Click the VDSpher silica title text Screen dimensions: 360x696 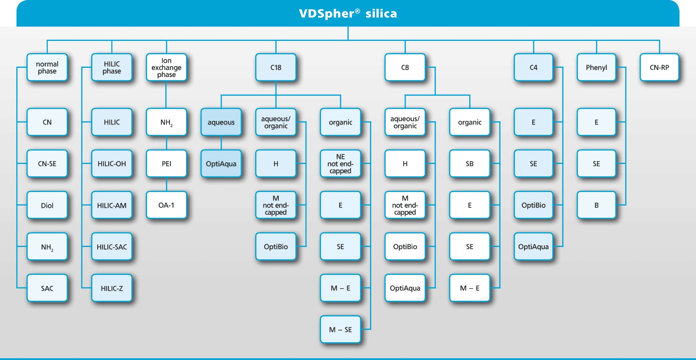(348, 14)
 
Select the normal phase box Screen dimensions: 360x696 (47, 67)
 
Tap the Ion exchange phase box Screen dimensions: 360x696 (166, 67)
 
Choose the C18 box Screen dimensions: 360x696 (276, 67)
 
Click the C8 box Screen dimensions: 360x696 (405, 67)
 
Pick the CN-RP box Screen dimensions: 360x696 (659, 67)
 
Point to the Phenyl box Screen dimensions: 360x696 (596, 67)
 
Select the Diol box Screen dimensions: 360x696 (47, 205)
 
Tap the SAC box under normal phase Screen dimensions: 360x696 (47, 288)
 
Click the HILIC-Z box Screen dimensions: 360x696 (112, 288)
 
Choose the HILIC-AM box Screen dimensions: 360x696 (112, 205)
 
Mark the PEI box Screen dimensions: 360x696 (166, 164)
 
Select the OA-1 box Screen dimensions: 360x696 (166, 205)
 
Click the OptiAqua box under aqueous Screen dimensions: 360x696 (221, 164)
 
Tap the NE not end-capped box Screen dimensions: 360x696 (340, 164)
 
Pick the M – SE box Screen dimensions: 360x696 (340, 329)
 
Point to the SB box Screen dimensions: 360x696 (470, 164)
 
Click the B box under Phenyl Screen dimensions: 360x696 (596, 205)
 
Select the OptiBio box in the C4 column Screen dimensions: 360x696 (533, 205)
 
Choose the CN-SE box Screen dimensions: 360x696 (47, 164)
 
